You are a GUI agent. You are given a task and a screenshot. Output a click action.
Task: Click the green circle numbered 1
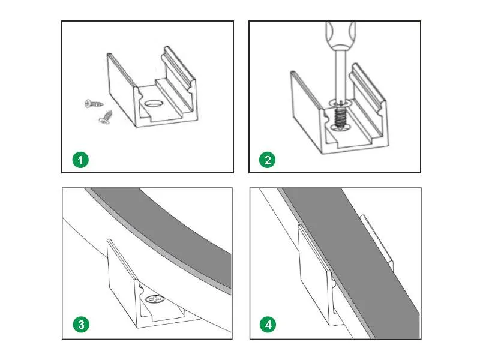(x=80, y=160)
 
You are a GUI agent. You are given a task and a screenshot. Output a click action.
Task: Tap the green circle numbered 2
(x=268, y=160)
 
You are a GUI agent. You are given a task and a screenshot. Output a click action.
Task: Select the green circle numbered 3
(x=80, y=325)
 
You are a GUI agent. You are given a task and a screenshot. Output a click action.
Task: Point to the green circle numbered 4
(x=268, y=325)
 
